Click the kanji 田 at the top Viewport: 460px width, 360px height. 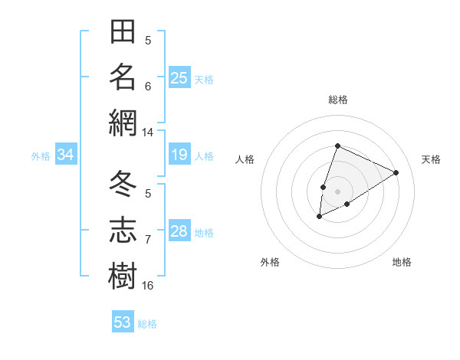pos(123,33)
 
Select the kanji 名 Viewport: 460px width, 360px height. pos(123,77)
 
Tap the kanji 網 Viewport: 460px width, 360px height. pos(123,123)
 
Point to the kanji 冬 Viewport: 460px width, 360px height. pos(123,185)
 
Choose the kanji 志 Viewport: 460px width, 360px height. pos(123,229)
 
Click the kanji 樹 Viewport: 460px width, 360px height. pos(123,274)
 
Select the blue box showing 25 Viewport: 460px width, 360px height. pos(179,77)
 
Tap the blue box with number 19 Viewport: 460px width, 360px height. pos(179,155)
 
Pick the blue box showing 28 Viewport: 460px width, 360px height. pos(179,231)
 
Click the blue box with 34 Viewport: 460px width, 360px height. pos(65,155)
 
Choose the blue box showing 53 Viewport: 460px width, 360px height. pos(123,322)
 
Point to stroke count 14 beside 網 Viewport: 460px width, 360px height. pos(148,133)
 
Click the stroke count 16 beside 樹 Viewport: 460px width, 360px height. pos(148,285)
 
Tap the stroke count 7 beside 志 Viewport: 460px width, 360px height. pos(148,240)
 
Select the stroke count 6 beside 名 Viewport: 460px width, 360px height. pos(148,86)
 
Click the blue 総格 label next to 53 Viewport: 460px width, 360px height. pos(147,324)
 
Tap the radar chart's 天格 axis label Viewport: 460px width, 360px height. pos(431,159)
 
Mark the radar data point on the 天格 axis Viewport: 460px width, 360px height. pos(396,172)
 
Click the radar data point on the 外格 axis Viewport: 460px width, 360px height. pos(320,217)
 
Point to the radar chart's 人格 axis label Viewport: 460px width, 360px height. pos(245,159)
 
